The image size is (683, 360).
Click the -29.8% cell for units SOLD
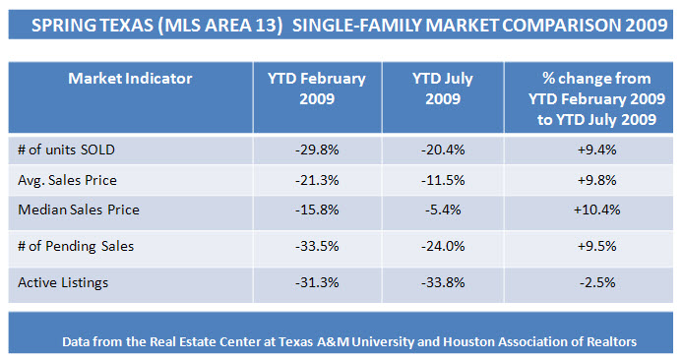pyautogui.click(x=317, y=150)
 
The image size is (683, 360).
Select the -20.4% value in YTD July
pyautogui.click(x=443, y=150)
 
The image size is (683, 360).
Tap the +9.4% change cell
pyautogui.click(x=596, y=150)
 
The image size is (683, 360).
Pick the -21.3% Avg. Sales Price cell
pyautogui.click(x=317, y=180)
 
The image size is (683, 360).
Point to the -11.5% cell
pyautogui.click(x=443, y=180)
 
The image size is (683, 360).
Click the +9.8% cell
pyautogui.click(x=596, y=180)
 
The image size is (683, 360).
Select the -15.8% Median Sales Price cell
pyautogui.click(x=317, y=210)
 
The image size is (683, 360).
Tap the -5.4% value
pyautogui.click(x=443, y=210)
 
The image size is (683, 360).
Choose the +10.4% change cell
pyautogui.click(x=596, y=210)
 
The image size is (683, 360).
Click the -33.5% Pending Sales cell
pyautogui.click(x=317, y=246)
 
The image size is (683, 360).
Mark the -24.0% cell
pyautogui.click(x=443, y=246)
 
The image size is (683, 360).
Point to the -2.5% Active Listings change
pyautogui.click(x=597, y=283)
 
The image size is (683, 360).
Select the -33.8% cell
pyautogui.click(x=443, y=283)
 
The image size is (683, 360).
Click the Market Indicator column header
pyautogui.click(x=130, y=79)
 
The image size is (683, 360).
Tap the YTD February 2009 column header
pyautogui.click(x=317, y=89)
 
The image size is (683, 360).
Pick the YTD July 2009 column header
pyautogui.click(x=443, y=89)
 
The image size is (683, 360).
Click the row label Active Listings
pyautogui.click(x=63, y=283)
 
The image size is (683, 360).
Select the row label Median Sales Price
pyautogui.click(x=79, y=210)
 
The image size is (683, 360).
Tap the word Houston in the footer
pyautogui.click(x=466, y=341)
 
